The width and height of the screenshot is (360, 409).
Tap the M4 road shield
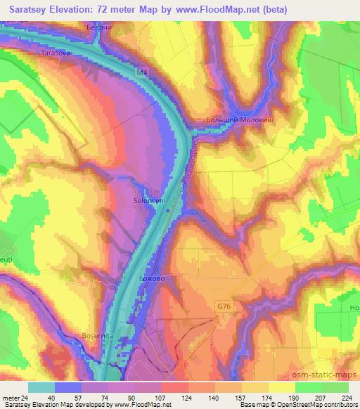[x=143, y=72]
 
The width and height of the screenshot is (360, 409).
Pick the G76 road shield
[x=223, y=305]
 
